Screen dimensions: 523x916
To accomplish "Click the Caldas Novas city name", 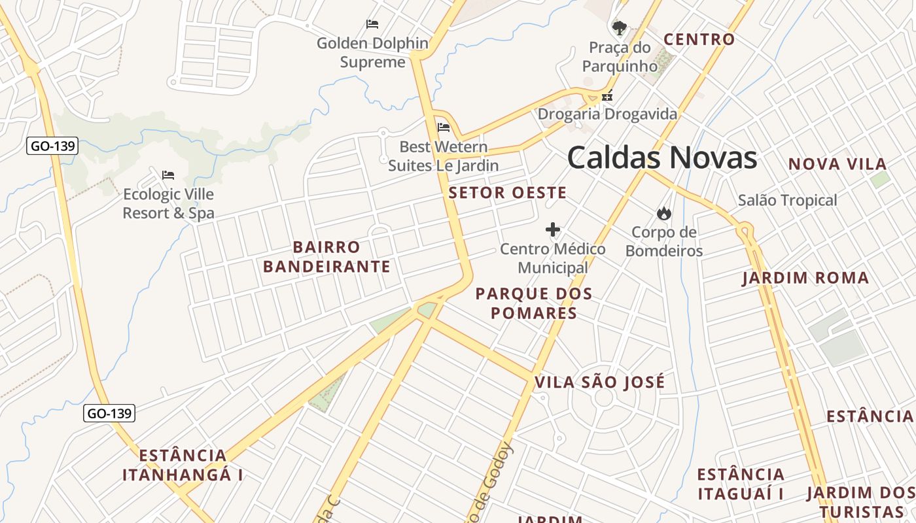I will point(661,158).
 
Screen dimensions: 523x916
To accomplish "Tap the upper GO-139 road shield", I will point(52,146).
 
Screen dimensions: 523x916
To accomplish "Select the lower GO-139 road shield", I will point(109,413).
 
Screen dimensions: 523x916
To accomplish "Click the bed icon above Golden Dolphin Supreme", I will point(372,25).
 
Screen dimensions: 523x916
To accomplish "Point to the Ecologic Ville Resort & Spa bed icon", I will point(168,175).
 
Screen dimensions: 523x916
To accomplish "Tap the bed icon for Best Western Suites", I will point(444,127).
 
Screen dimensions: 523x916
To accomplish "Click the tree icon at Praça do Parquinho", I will point(619,27).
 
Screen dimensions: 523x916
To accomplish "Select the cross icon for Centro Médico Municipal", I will point(553,229).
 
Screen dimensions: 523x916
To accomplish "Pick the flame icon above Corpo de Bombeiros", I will point(663,213).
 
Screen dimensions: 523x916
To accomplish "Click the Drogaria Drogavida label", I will point(607,114).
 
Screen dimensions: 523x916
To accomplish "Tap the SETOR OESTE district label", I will point(507,193).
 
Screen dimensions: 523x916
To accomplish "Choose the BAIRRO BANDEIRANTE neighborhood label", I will point(326,257).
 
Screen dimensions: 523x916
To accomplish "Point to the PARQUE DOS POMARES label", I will point(534,303).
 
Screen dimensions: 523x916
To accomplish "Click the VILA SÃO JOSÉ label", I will point(599,382).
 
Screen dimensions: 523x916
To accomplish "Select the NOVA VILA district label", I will point(837,164).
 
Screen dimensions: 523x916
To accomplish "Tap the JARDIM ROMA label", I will point(805,278).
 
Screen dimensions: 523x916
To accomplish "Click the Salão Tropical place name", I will point(787,200).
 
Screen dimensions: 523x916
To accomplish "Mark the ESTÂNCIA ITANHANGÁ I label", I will point(183,465).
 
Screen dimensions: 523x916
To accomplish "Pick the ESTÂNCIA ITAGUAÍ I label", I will point(741,484).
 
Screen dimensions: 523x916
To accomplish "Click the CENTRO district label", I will point(699,39).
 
